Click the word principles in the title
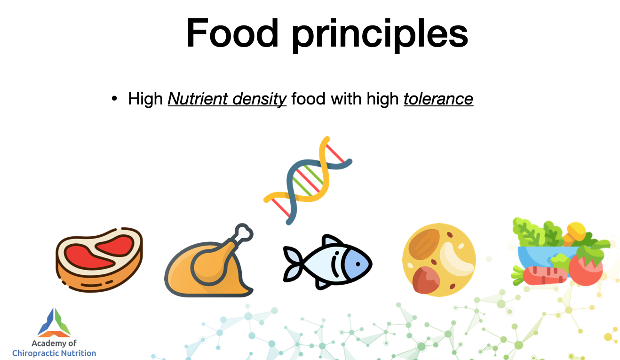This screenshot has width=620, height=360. (380, 35)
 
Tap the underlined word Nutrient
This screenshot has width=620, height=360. (198, 99)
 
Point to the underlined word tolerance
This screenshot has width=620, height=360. (438, 99)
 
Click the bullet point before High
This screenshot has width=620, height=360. (114, 98)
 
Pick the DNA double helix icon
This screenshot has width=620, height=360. (308, 181)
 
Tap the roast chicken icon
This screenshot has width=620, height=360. (209, 260)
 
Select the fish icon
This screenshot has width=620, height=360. (327, 262)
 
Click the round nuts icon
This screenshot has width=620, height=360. (439, 260)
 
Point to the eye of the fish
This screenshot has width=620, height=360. (358, 264)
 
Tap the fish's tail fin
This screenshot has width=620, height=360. (293, 264)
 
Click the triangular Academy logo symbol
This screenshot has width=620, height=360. (54, 323)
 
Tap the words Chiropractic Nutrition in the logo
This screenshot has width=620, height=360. (54, 353)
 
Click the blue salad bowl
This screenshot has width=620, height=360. (542, 256)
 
